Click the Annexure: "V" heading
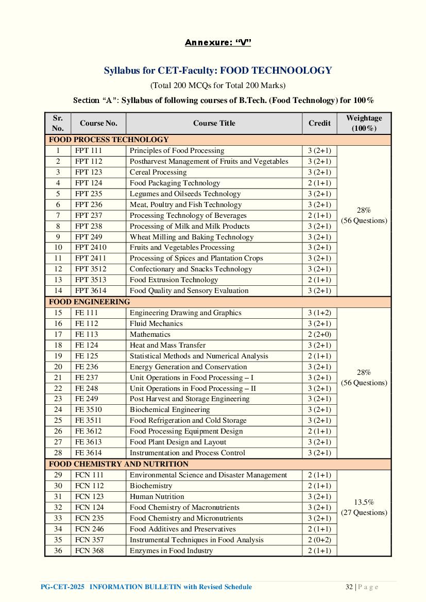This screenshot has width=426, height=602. (x=217, y=42)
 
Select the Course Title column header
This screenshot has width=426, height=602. (x=214, y=123)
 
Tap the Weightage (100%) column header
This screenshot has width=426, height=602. (x=364, y=123)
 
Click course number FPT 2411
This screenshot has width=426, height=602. (x=91, y=258)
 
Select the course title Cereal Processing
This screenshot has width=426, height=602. (x=158, y=172)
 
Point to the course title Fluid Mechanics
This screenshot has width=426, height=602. (x=156, y=323)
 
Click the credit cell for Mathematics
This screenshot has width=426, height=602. (x=319, y=334)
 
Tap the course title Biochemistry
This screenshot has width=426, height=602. (x=150, y=486)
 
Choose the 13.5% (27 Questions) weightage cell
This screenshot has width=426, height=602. (x=364, y=507)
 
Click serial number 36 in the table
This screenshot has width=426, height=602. (x=58, y=551)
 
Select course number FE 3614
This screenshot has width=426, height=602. (x=88, y=453)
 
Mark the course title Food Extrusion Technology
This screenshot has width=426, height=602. (x=174, y=280)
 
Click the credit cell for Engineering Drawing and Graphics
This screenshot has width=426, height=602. (x=319, y=313)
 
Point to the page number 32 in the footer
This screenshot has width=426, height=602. (x=349, y=587)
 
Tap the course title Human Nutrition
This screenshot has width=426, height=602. (x=157, y=496)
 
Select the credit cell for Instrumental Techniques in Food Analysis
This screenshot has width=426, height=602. (x=319, y=540)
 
